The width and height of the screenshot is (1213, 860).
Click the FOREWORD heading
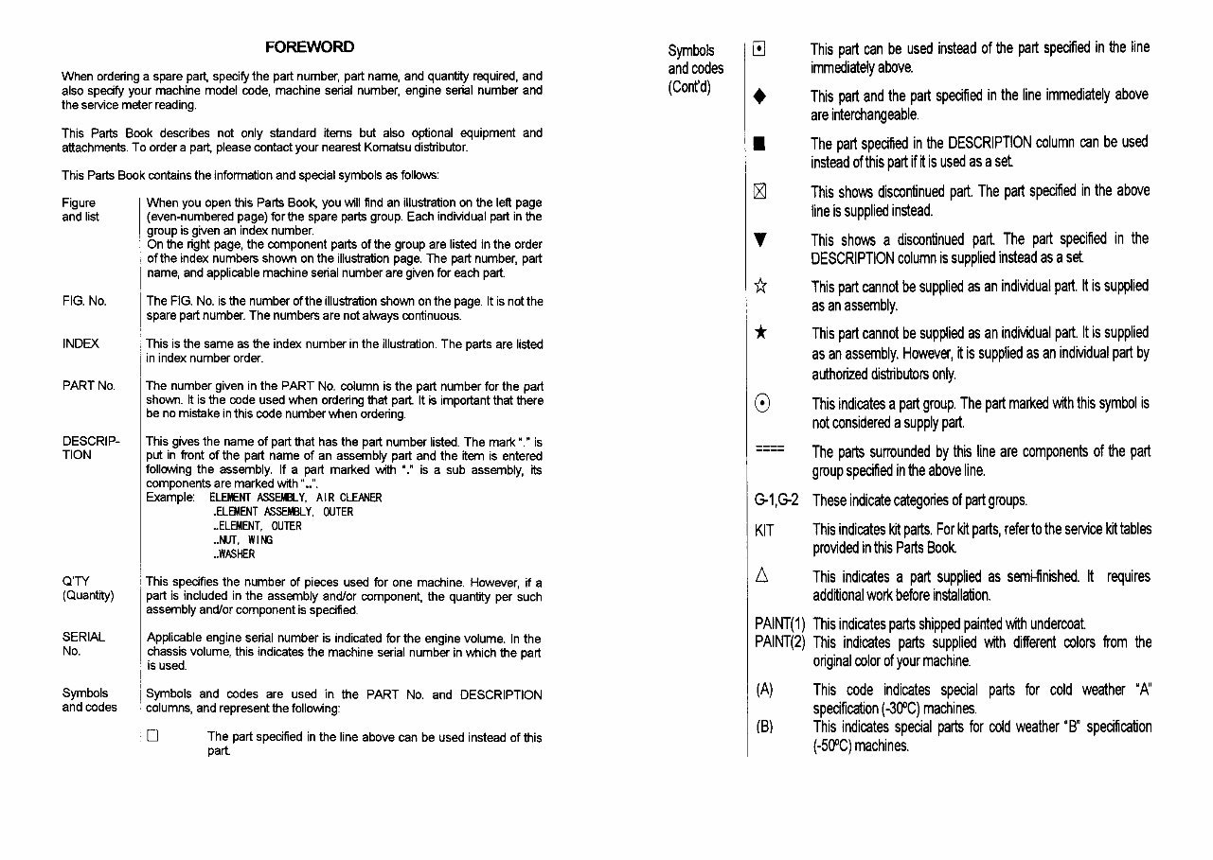[x=310, y=47]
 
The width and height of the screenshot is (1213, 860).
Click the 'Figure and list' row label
[x=80, y=209]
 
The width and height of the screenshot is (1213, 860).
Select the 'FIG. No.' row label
[x=84, y=301]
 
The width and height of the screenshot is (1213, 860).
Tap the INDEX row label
[x=80, y=343]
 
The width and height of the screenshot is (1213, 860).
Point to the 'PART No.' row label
[x=88, y=386]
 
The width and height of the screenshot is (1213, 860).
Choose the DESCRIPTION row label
[x=90, y=448]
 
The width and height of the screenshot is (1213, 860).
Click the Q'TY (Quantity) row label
[x=88, y=588]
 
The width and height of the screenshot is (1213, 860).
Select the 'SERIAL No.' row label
[x=83, y=643]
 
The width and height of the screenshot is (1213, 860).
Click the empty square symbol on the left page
[x=152, y=736]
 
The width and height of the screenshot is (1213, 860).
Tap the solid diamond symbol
[x=759, y=97]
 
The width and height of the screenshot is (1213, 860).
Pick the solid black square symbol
[x=758, y=144]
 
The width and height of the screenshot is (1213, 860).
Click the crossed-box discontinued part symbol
[x=758, y=192]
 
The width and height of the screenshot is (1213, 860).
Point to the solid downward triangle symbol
[x=758, y=240]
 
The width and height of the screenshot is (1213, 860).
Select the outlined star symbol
[x=759, y=287]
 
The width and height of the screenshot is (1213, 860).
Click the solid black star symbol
[x=759, y=334]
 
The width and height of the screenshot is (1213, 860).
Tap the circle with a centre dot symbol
[x=762, y=404]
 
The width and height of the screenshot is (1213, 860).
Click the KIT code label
[x=764, y=530]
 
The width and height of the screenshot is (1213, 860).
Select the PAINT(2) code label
[x=779, y=642]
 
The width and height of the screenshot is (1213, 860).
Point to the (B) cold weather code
[x=765, y=727]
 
